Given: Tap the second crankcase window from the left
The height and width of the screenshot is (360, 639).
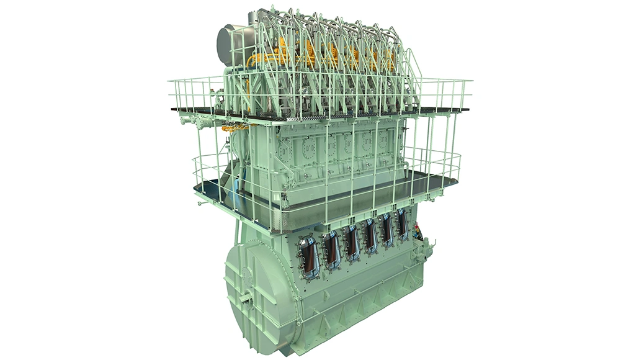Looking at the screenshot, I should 332,249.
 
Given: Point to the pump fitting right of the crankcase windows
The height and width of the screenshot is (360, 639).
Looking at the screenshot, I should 427,251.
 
